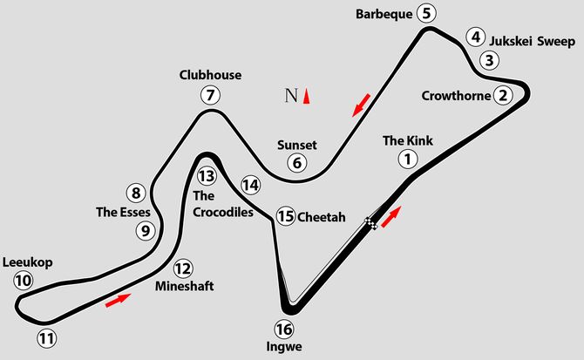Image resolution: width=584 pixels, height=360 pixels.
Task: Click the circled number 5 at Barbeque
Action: click(x=426, y=14)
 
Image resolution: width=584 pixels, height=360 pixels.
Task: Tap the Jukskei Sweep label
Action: click(x=533, y=41)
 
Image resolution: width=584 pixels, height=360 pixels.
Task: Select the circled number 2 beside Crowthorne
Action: click(x=503, y=95)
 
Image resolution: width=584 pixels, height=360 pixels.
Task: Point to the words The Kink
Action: click(x=408, y=140)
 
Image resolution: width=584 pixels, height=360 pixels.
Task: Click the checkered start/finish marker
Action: click(x=371, y=223)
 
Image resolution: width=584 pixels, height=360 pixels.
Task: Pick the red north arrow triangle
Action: click(x=306, y=96)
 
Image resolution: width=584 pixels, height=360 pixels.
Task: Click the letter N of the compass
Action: click(x=291, y=96)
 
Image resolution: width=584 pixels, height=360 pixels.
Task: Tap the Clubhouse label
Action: click(x=210, y=75)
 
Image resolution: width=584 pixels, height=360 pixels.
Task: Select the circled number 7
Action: click(x=210, y=95)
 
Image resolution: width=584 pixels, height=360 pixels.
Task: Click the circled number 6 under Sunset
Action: click(x=297, y=163)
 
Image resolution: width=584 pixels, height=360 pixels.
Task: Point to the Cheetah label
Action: click(x=322, y=217)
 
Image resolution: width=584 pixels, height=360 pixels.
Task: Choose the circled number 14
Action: click(x=251, y=185)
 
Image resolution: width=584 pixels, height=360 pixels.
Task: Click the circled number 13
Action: click(x=207, y=176)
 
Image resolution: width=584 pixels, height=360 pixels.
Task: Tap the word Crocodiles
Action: click(x=223, y=212)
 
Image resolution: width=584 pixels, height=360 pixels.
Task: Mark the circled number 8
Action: click(x=136, y=193)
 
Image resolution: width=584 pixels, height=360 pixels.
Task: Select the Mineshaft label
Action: click(x=185, y=286)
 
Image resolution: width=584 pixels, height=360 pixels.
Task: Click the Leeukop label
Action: click(x=28, y=262)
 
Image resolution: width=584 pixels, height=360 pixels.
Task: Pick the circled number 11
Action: click(x=46, y=339)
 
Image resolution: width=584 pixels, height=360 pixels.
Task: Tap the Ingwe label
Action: click(x=284, y=347)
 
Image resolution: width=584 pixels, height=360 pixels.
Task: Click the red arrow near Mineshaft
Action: click(x=118, y=300)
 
